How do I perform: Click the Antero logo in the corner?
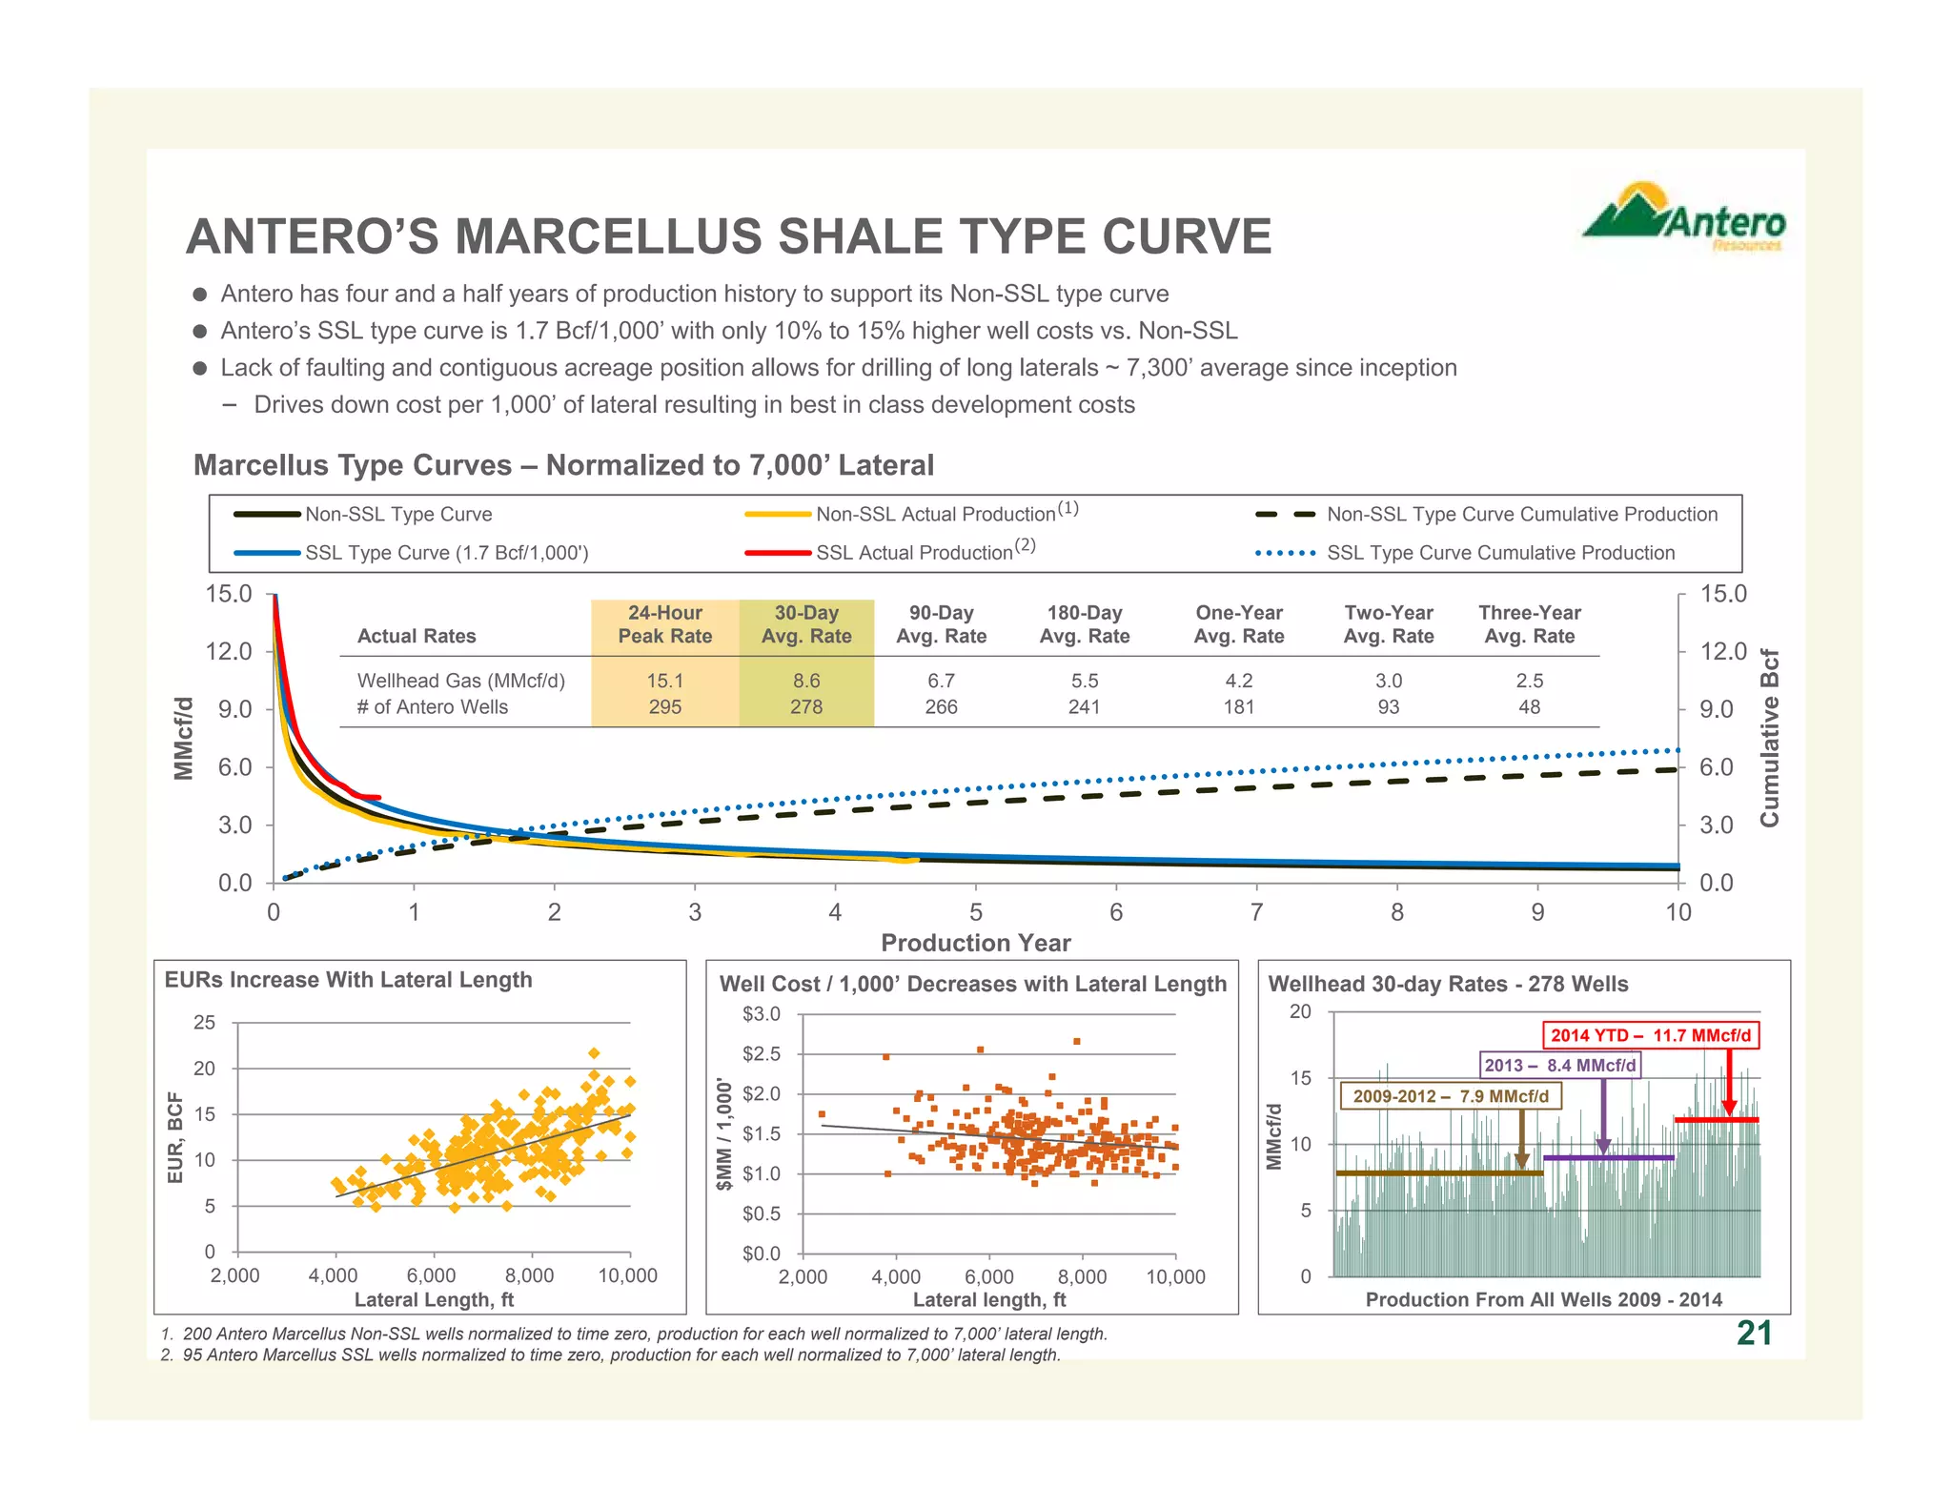pos(1684,217)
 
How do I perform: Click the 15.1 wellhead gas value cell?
pos(664,681)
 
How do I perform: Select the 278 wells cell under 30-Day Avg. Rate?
pos(805,707)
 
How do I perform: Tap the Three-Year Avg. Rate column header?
pos(1529,624)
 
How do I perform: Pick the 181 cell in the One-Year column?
pos(1238,707)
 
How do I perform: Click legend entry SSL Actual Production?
pos(913,553)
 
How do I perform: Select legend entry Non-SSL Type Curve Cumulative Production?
pos(1521,515)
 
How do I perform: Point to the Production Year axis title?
pos(975,943)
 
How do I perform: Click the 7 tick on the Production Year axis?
pos(1256,912)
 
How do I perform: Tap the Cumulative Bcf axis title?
pos(1769,738)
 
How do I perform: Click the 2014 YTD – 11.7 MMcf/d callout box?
pos(1650,1035)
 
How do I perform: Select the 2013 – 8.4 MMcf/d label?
pos(1559,1066)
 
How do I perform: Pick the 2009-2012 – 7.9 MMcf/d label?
pos(1450,1096)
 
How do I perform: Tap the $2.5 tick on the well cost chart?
pos(761,1054)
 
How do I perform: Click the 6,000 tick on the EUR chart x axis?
pos(431,1275)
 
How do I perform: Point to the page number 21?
pos(1754,1333)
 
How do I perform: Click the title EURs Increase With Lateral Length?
pos(348,980)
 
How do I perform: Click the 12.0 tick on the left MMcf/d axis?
pos(229,652)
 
